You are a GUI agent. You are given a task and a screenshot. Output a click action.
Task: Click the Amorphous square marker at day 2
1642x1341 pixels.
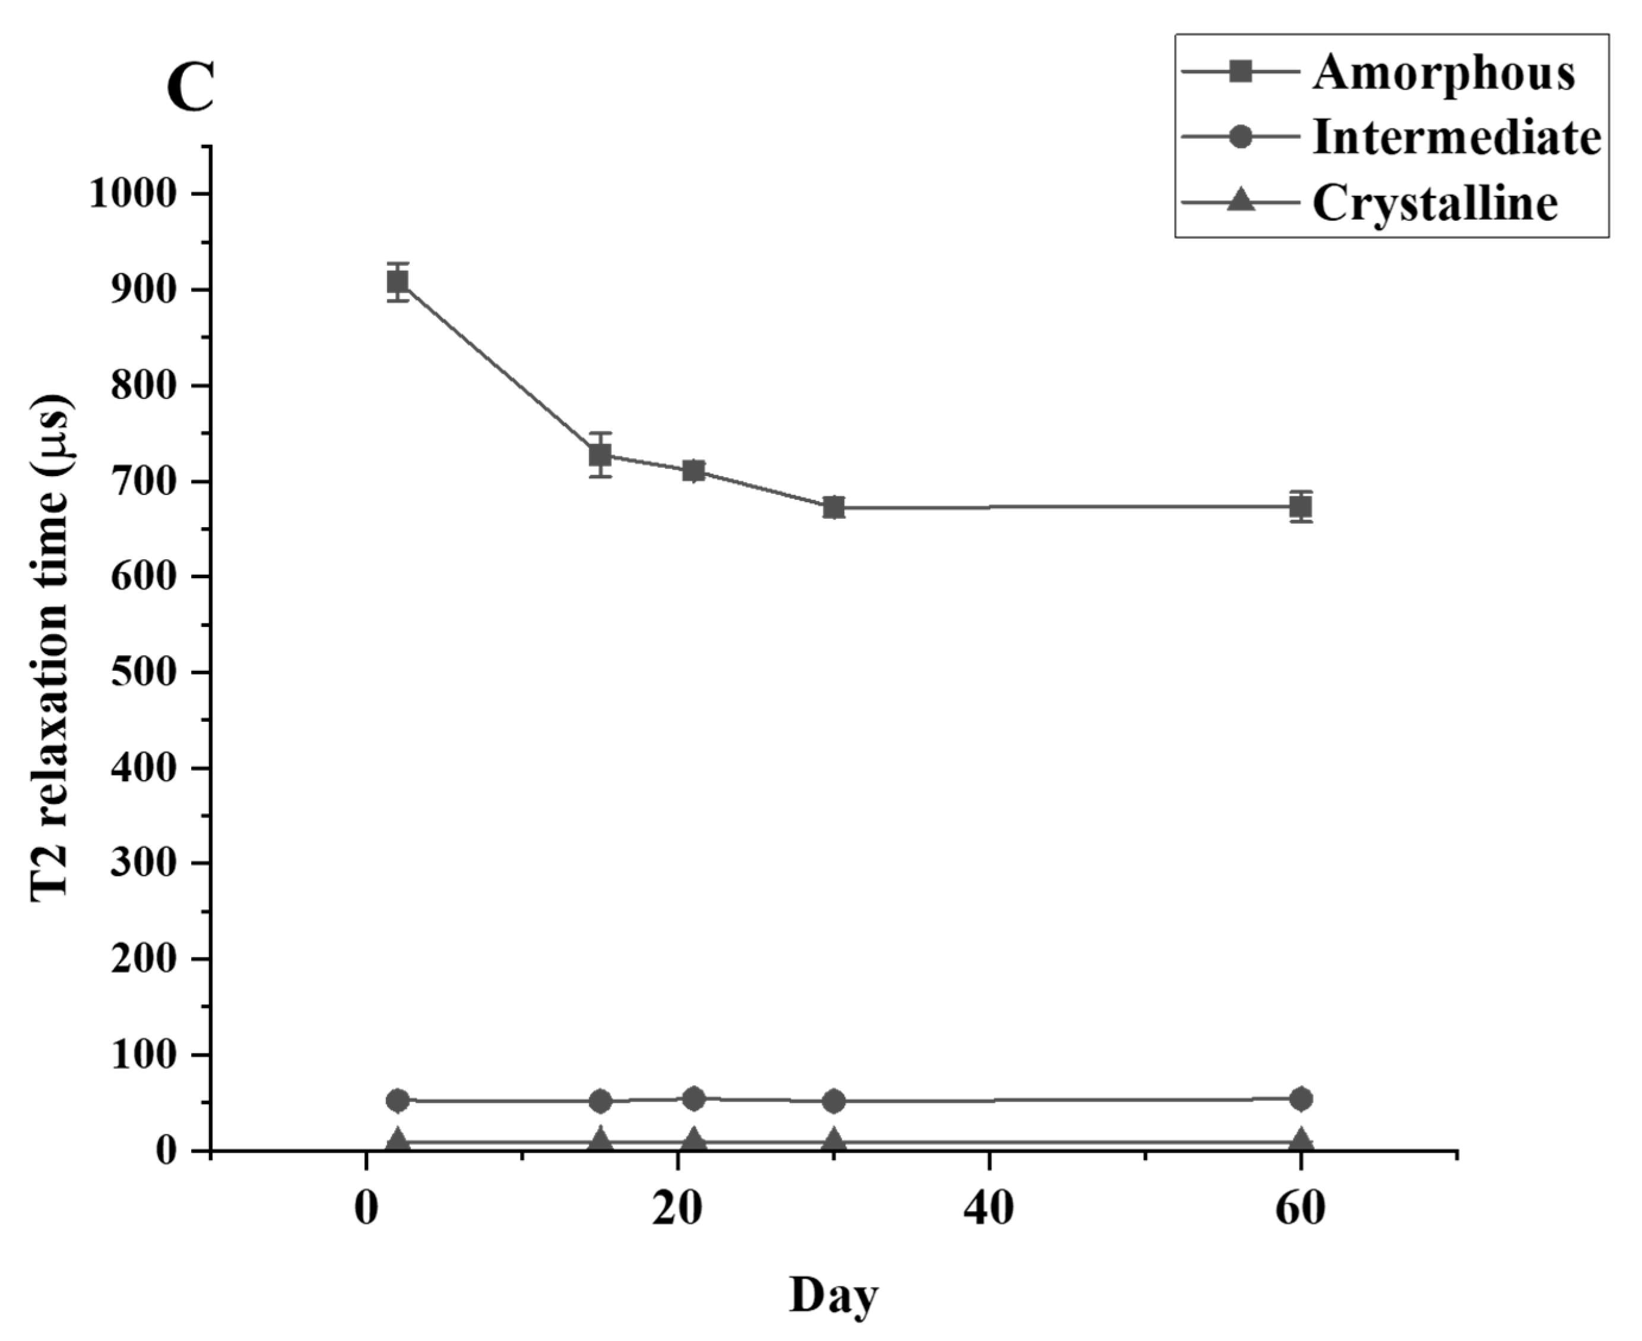click(x=398, y=283)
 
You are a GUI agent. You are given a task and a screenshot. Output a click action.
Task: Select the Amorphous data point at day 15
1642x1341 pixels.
click(x=600, y=455)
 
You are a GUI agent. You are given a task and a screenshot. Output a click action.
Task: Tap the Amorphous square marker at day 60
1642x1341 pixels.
click(x=1301, y=507)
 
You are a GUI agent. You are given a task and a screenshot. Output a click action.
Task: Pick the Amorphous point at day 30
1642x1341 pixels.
click(x=833, y=508)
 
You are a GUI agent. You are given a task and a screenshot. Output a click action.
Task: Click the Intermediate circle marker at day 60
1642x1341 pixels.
click(x=1301, y=1098)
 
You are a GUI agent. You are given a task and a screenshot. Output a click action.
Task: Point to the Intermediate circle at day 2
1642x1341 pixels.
click(x=398, y=1100)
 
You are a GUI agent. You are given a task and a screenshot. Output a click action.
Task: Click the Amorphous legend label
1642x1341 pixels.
click(x=1443, y=74)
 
